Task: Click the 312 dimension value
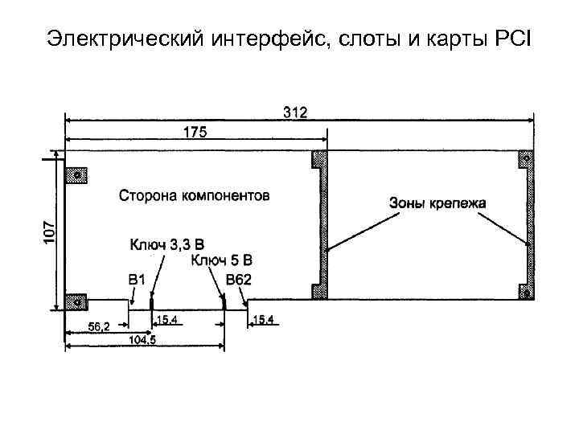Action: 295,111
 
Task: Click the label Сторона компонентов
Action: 195,195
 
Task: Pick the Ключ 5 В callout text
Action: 222,260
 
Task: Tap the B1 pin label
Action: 138,279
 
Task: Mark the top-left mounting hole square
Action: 77,175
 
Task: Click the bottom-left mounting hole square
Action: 77,301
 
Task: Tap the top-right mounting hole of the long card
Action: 524,159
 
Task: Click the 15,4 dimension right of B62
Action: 265,320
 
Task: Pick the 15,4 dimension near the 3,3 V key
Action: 167,320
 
